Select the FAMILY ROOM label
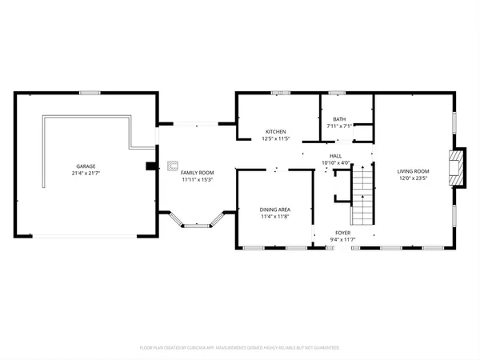(197, 173)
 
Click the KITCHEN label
(276, 131)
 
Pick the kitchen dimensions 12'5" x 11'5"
(276, 138)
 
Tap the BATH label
(340, 118)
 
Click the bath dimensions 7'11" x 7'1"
(340, 126)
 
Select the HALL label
(336, 155)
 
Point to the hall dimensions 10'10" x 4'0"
(336, 162)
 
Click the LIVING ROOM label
(414, 170)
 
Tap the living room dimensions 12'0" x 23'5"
(414, 178)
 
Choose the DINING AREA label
(274, 209)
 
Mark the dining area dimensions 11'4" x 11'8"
(274, 216)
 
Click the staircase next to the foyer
(363, 197)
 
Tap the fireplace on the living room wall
(457, 167)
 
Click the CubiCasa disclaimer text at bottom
(240, 348)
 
